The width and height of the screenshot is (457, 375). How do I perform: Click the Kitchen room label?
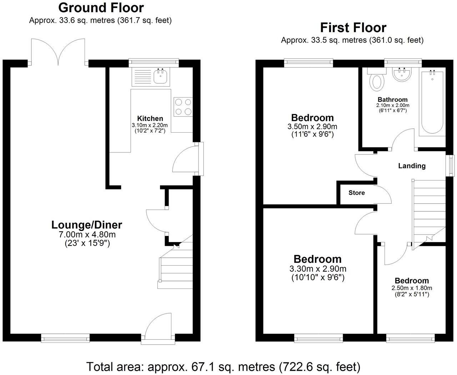pos(150,118)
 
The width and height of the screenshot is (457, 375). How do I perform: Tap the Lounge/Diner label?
pos(87,225)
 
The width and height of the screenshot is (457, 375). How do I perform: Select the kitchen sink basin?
pos(161,77)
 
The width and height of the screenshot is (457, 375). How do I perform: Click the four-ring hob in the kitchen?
pos(183,107)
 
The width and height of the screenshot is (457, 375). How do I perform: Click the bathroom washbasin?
pos(402,74)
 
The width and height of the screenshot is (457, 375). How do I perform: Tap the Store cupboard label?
pos(357,193)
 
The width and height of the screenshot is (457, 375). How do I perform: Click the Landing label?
pos(412,166)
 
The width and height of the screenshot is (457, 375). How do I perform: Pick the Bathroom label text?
pos(392,100)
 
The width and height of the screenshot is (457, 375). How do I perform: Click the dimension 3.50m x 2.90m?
pos(312,127)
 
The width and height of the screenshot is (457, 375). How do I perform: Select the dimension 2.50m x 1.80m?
pos(412,288)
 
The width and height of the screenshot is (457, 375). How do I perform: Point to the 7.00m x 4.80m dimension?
pos(87,235)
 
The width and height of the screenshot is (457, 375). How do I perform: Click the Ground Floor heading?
pos(101,8)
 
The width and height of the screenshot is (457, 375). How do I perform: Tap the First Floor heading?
pos(353,28)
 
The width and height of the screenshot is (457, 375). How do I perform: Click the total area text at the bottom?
pos(224,366)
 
